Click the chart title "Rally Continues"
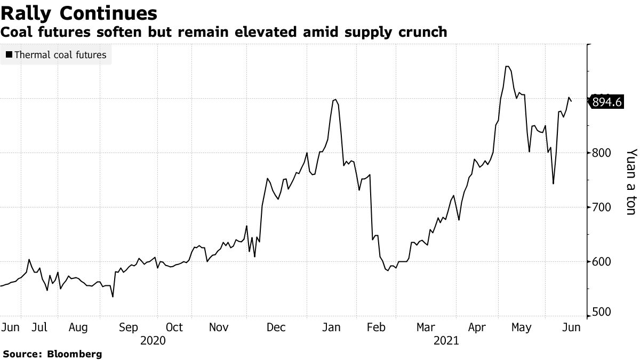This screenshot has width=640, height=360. coord(79,13)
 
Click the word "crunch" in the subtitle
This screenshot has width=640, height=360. coord(421,32)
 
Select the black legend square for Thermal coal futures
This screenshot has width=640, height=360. coord(9,54)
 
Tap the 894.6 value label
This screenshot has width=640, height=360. coord(607,102)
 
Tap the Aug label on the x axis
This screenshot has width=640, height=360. coord(78,327)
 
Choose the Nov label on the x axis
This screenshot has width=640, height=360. coord(219,327)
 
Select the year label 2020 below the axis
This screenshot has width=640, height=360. coord(153,340)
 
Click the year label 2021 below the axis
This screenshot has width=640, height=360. coord(446,340)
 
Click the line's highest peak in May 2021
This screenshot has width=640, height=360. coord(507,67)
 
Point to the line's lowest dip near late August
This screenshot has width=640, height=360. coord(113,297)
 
